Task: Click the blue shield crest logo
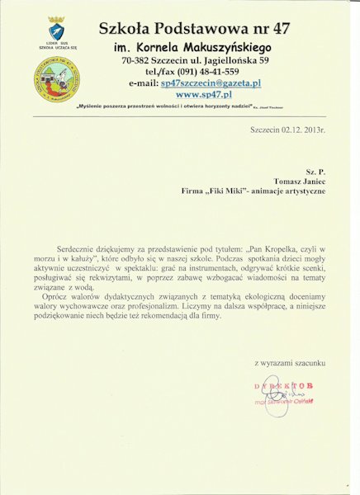coord(56,31)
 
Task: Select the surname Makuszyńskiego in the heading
coord(229,48)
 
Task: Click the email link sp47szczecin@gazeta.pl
coord(211,83)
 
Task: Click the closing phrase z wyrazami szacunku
coord(290,361)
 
